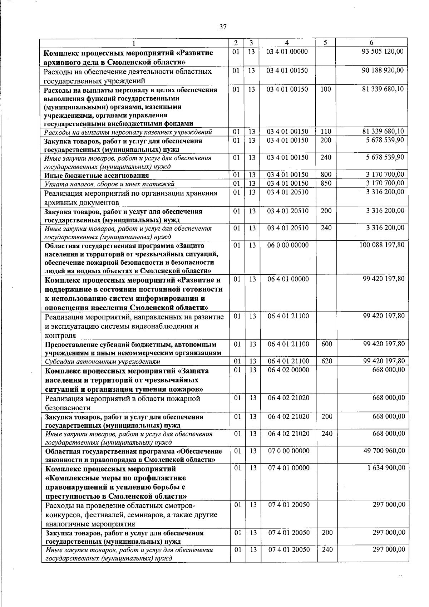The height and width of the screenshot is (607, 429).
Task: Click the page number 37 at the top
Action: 223,27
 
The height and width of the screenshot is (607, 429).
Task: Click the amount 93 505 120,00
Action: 383,52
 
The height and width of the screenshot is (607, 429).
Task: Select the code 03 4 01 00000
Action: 287,52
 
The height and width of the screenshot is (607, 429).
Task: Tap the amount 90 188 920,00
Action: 383,70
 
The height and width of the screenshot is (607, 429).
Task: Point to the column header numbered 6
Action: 371,43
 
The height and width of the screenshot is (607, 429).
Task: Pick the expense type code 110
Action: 325,132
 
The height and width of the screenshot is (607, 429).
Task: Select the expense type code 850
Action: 326,183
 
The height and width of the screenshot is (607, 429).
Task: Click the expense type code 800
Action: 326,175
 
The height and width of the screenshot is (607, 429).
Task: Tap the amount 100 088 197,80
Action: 382,245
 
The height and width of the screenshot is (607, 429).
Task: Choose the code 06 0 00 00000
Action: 288,245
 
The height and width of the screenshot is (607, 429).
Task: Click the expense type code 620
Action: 326,361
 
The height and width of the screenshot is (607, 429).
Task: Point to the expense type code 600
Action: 326,344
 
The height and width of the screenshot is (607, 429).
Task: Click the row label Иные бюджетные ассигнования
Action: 97,175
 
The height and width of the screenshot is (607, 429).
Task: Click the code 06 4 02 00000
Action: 289,370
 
